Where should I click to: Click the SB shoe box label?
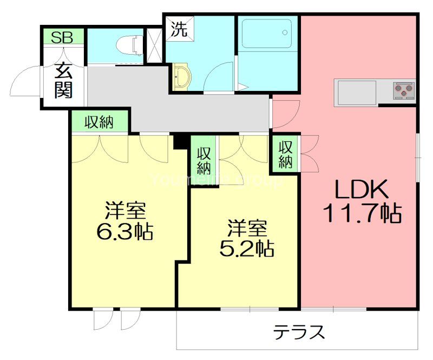pyautogui.click(x=64, y=37)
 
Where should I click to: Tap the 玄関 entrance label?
pyautogui.click(x=63, y=81)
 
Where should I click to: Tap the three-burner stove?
pyautogui.click(x=403, y=90)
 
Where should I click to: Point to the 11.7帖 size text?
pyautogui.click(x=362, y=214)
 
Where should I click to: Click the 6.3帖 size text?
pyautogui.click(x=124, y=232)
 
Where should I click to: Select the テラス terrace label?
pyautogui.click(x=299, y=331)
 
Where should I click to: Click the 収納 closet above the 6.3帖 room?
pyautogui.click(x=99, y=122)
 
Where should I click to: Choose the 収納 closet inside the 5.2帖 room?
pyautogui.click(x=204, y=159)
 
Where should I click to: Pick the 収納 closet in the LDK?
pyautogui.click(x=285, y=154)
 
